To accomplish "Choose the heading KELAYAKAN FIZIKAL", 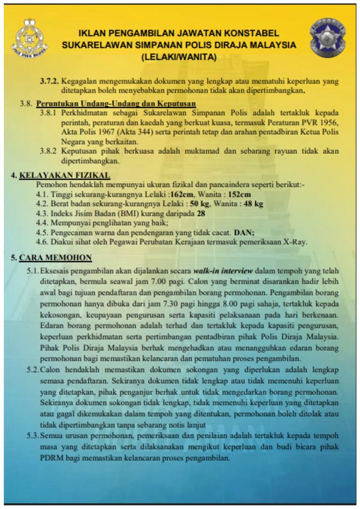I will (65, 174).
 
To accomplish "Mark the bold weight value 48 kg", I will (252, 203).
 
